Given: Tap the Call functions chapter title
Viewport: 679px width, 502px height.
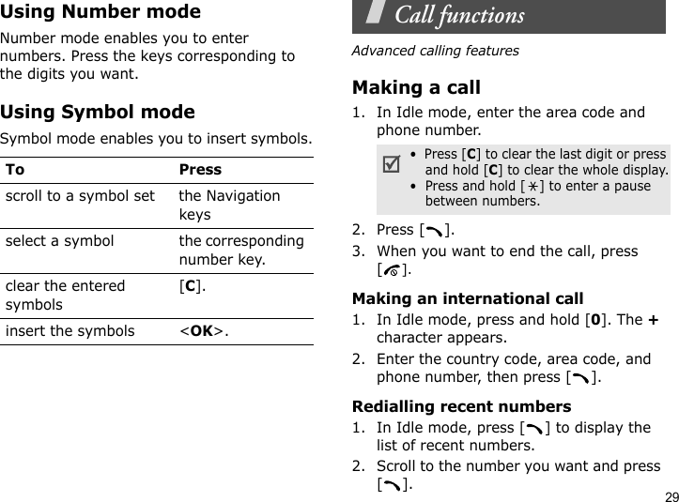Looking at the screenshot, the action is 459,16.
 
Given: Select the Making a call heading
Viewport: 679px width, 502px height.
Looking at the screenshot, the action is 415,88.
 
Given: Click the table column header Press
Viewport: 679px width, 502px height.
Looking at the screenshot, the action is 200,170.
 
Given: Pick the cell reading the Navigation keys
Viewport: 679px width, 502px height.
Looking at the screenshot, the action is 229,205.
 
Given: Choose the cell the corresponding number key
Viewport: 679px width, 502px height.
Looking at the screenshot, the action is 241,250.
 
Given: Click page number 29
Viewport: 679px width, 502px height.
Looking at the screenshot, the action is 668,494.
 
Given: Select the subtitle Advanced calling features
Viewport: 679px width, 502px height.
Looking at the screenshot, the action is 435,51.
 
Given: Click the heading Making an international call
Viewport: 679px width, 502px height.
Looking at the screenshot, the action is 467,298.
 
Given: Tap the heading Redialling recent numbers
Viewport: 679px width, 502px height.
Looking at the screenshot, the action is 460,406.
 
